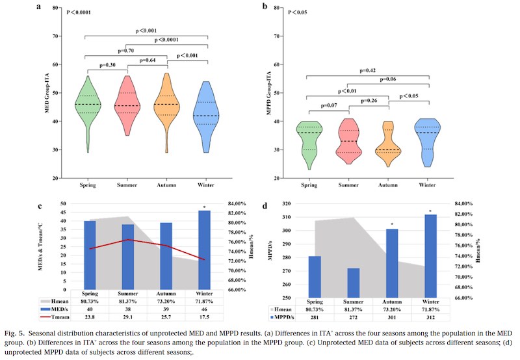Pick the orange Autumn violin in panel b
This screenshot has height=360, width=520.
coord(388,146)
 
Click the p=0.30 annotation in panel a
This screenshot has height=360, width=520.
coord(108,65)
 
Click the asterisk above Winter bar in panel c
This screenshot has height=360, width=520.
coord(205,208)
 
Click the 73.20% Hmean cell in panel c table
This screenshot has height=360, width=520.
coord(168,302)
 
